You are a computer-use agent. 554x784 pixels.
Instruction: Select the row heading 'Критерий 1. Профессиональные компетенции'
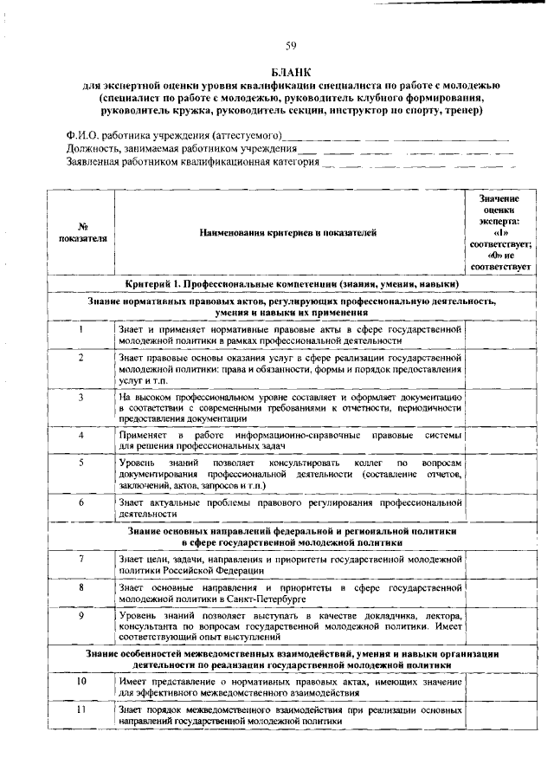pyautogui.click(x=291, y=284)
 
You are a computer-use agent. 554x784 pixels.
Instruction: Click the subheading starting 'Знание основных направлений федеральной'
pyautogui.click(x=291, y=534)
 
